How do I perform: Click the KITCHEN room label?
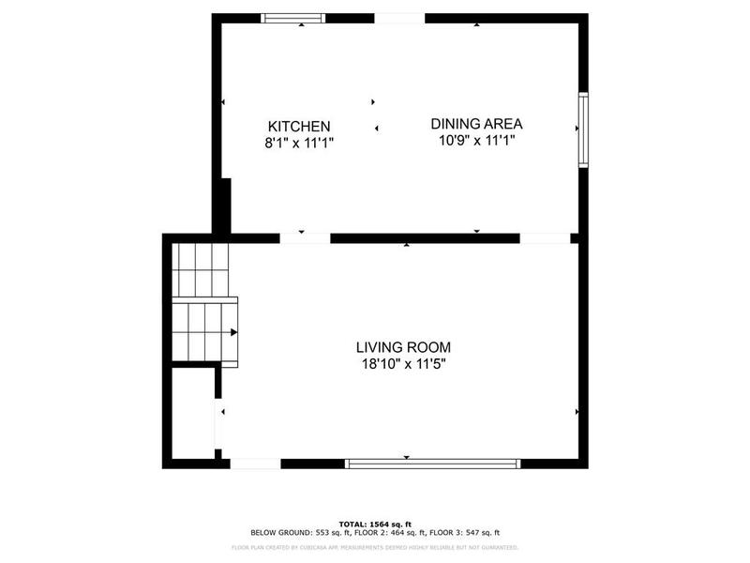coord(298,126)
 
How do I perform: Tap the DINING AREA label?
coord(476,123)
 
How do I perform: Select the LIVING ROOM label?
coord(403,347)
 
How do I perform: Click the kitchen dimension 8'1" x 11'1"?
coord(298,143)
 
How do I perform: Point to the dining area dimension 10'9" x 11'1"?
coord(476,141)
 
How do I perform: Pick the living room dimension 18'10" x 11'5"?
coord(403,364)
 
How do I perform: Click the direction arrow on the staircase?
coord(233,331)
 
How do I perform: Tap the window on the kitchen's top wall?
coord(292,18)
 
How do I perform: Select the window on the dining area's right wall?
coord(582,129)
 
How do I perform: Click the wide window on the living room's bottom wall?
coord(432,463)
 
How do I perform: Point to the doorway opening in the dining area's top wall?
coord(399,18)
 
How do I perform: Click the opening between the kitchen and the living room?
coord(305,238)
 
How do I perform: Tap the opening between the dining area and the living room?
coord(545,238)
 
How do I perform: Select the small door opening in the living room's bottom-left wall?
coord(255,463)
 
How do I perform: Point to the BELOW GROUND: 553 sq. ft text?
coord(294,533)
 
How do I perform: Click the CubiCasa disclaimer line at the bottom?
coord(375,547)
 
